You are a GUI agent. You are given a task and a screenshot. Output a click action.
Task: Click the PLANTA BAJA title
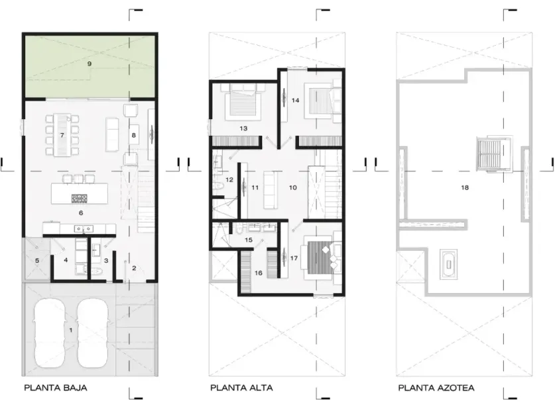coord(56,388)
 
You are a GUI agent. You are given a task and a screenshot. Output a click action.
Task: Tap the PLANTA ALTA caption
coord(241,388)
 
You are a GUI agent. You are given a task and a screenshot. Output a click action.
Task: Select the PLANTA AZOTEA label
coord(436,388)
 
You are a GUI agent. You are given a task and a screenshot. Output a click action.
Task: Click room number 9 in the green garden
coord(89,64)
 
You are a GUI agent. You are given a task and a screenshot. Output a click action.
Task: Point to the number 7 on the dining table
coord(62,135)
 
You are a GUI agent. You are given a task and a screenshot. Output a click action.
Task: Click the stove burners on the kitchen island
coord(79,199)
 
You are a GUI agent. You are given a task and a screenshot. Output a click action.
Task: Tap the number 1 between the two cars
coord(71,330)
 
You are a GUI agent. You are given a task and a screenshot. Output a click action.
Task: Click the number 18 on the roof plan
coord(465,187)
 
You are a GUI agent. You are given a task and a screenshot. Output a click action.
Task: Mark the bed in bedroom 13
coord(243,102)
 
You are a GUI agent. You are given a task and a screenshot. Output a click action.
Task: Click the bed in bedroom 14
coord(320,101)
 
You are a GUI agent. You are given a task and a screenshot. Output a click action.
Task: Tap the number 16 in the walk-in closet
coord(258,273)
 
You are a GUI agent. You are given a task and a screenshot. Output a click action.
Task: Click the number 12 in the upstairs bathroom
coord(229,180)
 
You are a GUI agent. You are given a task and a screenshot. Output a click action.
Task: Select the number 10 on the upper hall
coord(292,187)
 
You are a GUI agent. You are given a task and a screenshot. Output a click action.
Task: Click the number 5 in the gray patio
coord(37,261)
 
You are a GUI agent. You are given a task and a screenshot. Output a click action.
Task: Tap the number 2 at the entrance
coord(134,268)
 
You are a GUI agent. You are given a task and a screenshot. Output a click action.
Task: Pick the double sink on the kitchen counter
coord(84,229)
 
